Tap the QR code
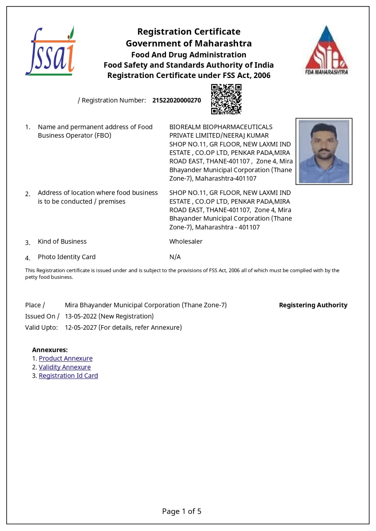[226, 99]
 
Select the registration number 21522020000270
[177, 101]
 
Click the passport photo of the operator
[324, 151]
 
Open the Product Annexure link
[65, 358]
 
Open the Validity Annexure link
[65, 367]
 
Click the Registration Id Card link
[68, 376]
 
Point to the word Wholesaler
[186, 242]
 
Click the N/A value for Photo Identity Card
[175, 257]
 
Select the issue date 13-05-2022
[81, 316]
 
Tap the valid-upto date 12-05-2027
[81, 328]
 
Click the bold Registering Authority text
[313, 305]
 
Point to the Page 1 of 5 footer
[182, 511]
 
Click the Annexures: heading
[50, 350]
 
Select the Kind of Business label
[62, 242]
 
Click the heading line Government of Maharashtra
[189, 43]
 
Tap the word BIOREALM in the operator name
[185, 127]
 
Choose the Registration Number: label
[114, 101]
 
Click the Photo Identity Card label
[66, 257]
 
